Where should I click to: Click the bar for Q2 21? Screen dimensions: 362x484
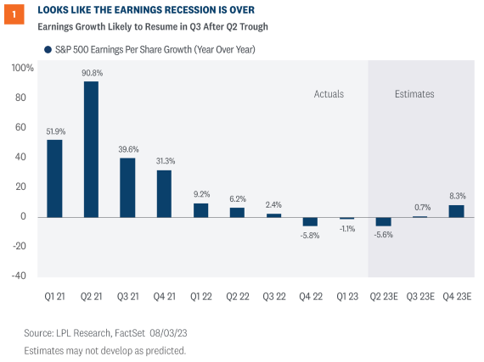pyautogui.click(x=91, y=148)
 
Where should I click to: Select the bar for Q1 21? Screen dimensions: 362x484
pyautogui.click(x=54, y=178)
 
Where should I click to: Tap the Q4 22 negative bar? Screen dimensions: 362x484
pyautogui.click(x=310, y=221)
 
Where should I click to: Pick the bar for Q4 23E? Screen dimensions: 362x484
pyautogui.click(x=456, y=210)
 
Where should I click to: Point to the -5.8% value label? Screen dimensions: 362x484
pyautogui.click(x=310, y=235)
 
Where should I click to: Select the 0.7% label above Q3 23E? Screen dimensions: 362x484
pyautogui.click(x=419, y=207)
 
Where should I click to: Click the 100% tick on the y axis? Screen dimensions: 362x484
pyautogui.click(x=23, y=68)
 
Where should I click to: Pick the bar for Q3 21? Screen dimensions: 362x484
pyautogui.click(x=127, y=187)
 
